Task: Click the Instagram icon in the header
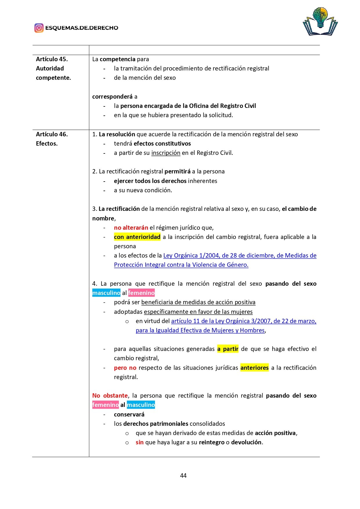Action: click(39, 28)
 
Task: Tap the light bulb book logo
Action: click(320, 21)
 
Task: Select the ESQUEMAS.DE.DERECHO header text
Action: click(82, 28)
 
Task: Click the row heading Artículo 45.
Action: click(52, 59)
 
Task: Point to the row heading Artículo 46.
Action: click(52, 134)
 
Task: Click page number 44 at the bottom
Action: click(183, 475)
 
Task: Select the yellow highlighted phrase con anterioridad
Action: click(137, 237)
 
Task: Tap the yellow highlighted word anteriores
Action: click(254, 368)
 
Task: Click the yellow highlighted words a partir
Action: click(228, 349)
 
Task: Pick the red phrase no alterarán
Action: click(131, 228)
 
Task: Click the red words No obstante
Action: click(110, 396)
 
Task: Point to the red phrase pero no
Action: click(125, 368)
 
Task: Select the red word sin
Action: click(140, 442)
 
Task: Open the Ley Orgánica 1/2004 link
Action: click(240, 256)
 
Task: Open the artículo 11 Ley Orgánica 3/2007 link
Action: click(244, 321)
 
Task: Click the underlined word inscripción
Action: click(166, 153)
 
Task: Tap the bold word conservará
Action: click(129, 414)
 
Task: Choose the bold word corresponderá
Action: click(112, 97)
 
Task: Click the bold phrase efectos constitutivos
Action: click(162, 144)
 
